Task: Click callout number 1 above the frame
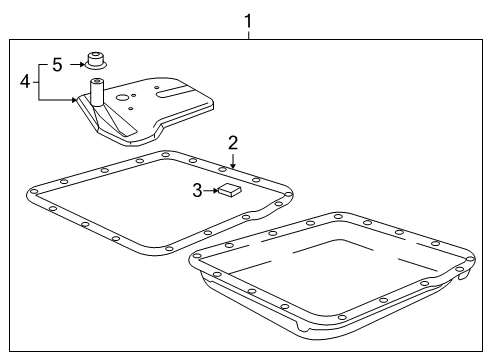(x=248, y=18)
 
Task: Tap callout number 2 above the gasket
(x=232, y=141)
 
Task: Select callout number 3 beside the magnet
(x=198, y=188)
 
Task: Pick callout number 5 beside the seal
(x=57, y=64)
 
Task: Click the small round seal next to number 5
(x=96, y=58)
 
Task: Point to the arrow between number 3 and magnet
(x=211, y=188)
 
